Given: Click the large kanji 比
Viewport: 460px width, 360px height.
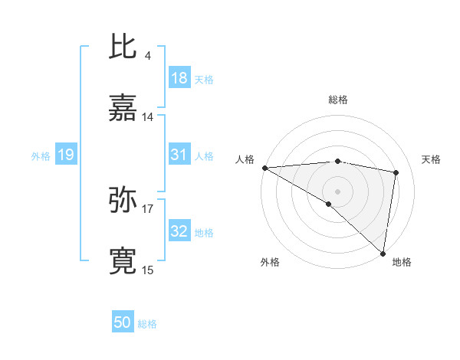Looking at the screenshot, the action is coord(123,47).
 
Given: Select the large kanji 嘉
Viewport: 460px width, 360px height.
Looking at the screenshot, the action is coord(123,109).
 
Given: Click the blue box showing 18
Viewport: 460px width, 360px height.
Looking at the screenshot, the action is coord(179,78).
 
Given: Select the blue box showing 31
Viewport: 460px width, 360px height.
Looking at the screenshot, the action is coord(179,155).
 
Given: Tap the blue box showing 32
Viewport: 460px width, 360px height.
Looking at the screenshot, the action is coord(179,232).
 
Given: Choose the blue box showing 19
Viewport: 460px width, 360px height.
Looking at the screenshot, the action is coord(65,155).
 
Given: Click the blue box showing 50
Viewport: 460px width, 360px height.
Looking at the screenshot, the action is coord(122,322).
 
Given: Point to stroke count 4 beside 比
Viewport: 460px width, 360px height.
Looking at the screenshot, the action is coord(147,55).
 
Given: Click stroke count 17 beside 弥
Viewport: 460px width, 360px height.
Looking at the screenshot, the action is coord(148,208).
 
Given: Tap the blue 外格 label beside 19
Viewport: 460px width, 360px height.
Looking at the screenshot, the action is coord(41,156).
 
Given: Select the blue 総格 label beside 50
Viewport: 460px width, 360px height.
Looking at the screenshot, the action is coord(147,324).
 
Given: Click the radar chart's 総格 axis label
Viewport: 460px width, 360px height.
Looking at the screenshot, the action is coord(337,100).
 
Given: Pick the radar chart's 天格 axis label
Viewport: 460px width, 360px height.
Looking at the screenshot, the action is coord(431,159).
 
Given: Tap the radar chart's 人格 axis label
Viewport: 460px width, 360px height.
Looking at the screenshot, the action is coord(245,159).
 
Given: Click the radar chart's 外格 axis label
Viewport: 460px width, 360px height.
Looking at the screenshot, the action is coord(270,262).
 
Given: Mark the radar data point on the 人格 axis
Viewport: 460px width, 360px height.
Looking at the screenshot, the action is coord(264,168).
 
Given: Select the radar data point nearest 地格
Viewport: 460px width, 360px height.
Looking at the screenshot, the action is coord(383,253).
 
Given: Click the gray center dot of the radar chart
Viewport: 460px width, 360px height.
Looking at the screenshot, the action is coord(337,190).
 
